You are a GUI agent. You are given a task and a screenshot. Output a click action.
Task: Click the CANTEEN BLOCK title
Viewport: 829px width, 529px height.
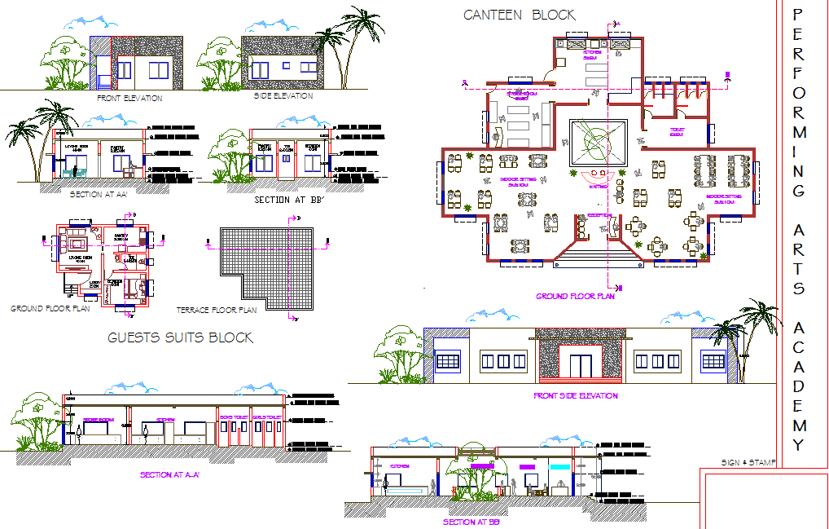[x=519, y=15]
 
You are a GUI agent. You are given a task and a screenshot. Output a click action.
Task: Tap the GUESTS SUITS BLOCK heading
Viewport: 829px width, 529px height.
[x=180, y=337]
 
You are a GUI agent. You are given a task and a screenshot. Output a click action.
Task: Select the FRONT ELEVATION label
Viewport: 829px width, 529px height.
[x=129, y=99]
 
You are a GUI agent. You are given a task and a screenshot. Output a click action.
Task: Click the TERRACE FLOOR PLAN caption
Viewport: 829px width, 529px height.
[x=217, y=311]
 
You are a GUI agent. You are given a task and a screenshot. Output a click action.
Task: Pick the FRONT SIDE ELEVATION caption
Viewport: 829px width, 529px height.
[x=575, y=396]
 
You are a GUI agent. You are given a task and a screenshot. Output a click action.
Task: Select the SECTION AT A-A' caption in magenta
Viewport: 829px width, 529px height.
[x=170, y=474]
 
